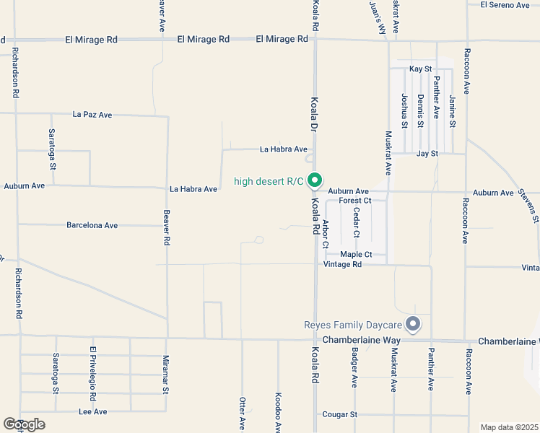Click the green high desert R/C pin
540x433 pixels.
[x=315, y=180]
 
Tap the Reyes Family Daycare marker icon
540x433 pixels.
[x=413, y=324]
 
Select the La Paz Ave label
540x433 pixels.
[x=92, y=114]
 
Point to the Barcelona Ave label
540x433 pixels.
[x=92, y=225]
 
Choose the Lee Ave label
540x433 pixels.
[x=92, y=411]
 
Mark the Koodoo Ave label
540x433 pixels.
[x=278, y=413]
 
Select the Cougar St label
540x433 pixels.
[x=339, y=414]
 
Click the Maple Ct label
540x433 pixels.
[x=356, y=254]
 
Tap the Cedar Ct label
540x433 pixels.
[x=357, y=222]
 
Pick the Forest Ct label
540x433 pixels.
[x=354, y=201]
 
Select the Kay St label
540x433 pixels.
[x=420, y=69]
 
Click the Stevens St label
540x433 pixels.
[x=529, y=204]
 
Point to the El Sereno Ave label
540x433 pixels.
[x=505, y=5]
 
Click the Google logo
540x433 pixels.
[x=24, y=424]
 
